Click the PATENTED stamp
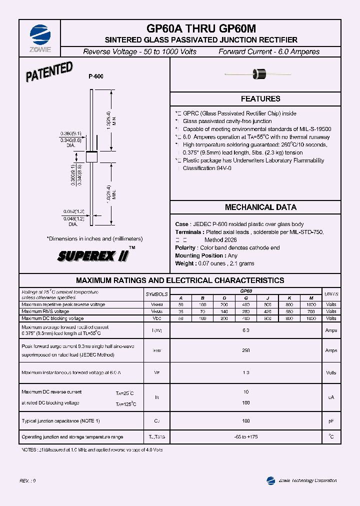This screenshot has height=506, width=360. click(x=49, y=71)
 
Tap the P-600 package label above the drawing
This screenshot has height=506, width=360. click(x=96, y=76)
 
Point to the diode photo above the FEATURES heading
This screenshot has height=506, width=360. click(x=260, y=74)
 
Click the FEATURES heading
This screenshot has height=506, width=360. click(x=260, y=99)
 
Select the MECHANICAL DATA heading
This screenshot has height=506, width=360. click(x=260, y=207)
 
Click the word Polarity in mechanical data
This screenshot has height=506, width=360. click(x=185, y=248)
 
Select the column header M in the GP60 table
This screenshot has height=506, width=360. click(x=311, y=298)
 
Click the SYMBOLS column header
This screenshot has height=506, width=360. click(x=157, y=294)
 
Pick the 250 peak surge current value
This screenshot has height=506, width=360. click(x=245, y=350)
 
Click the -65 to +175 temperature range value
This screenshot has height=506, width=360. click(x=245, y=437)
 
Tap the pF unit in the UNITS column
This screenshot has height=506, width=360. click(x=331, y=421)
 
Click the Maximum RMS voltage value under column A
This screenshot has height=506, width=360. click(x=181, y=311)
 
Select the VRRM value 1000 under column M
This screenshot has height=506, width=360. click(x=311, y=304)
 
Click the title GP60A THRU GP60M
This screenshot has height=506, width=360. click(x=201, y=29)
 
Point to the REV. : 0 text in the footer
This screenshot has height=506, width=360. click(x=28, y=480)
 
